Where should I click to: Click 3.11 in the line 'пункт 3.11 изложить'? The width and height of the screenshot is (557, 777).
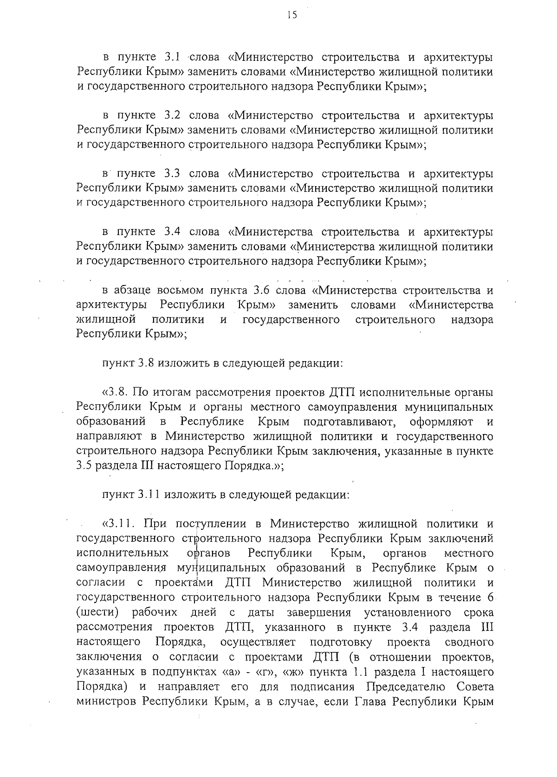click(x=149, y=495)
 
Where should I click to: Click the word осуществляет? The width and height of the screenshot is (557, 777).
click(x=265, y=642)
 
